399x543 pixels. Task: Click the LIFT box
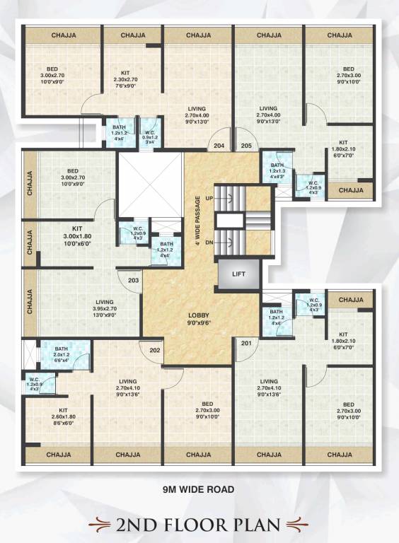(238, 274)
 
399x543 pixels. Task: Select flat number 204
(219, 146)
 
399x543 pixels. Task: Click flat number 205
(246, 146)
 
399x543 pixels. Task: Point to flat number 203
(133, 281)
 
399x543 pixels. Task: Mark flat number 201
(245, 344)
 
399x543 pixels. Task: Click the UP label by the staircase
(209, 197)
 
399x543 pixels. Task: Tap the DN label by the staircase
(209, 242)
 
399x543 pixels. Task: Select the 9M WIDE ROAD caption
(198, 489)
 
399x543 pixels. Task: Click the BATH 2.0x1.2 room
(62, 354)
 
